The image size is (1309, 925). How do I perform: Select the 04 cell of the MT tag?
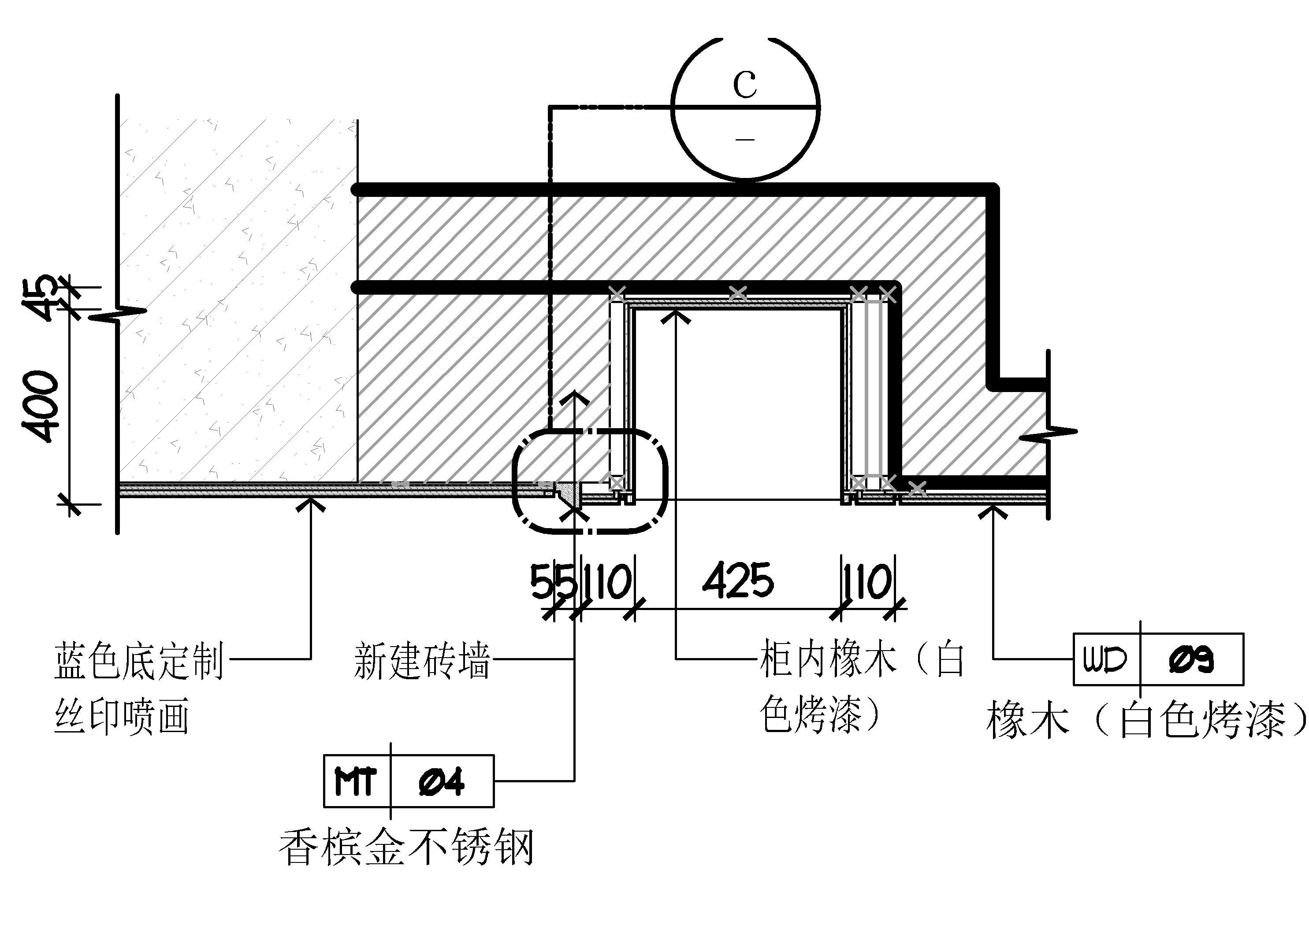(442, 781)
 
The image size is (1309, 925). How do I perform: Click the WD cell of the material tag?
(1106, 659)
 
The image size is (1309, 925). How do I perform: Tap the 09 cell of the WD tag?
(1192, 659)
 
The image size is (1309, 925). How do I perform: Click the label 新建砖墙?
(422, 661)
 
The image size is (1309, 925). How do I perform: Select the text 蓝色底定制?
(138, 661)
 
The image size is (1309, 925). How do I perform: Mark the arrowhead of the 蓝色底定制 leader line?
(310, 503)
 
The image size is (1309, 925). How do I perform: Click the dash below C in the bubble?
(744, 138)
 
